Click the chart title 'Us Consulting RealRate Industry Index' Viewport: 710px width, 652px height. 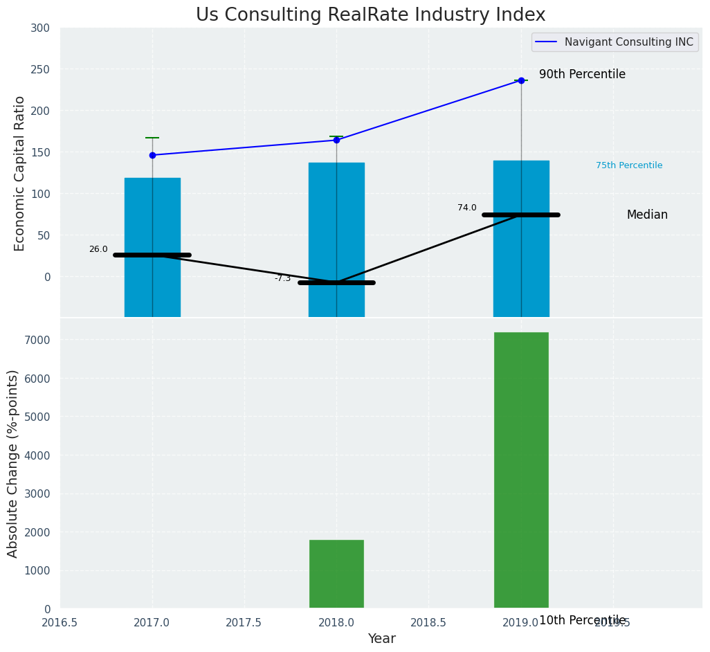click(x=370, y=15)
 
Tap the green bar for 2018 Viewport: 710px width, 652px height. click(x=336, y=574)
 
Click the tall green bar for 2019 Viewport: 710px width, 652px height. click(x=521, y=470)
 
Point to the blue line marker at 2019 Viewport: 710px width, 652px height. click(x=521, y=80)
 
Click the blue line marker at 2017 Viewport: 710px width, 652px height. click(x=152, y=155)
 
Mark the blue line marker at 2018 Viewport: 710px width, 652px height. click(x=336, y=140)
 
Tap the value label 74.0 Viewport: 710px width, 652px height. click(x=467, y=208)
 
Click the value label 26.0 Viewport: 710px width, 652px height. click(x=98, y=249)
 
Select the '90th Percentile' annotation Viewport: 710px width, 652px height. click(x=582, y=75)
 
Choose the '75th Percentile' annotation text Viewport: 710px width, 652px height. click(x=629, y=165)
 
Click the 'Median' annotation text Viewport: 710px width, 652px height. click(x=647, y=215)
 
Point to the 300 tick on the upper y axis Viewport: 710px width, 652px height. click(x=40, y=28)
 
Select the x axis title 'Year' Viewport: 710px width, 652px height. click(x=381, y=639)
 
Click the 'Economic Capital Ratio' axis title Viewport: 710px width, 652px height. click(x=19, y=173)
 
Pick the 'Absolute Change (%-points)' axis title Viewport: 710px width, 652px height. click(x=12, y=463)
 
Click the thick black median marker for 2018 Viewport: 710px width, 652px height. click(x=336, y=282)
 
